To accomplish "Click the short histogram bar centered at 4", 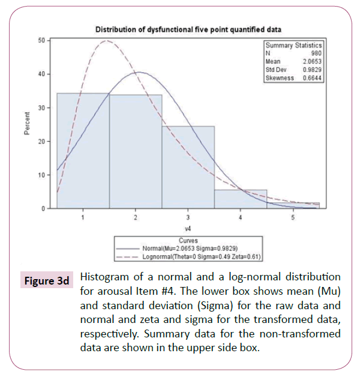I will pyautogui.click(x=241, y=199).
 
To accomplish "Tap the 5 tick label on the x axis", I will pyautogui.click(x=293, y=217).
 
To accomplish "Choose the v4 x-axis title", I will pyautogui.click(x=188, y=228).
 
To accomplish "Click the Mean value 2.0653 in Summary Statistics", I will pyautogui.click(x=313, y=61).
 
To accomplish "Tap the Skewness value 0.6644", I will pyautogui.click(x=313, y=78).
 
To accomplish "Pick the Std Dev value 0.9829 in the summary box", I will pyautogui.click(x=313, y=70).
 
